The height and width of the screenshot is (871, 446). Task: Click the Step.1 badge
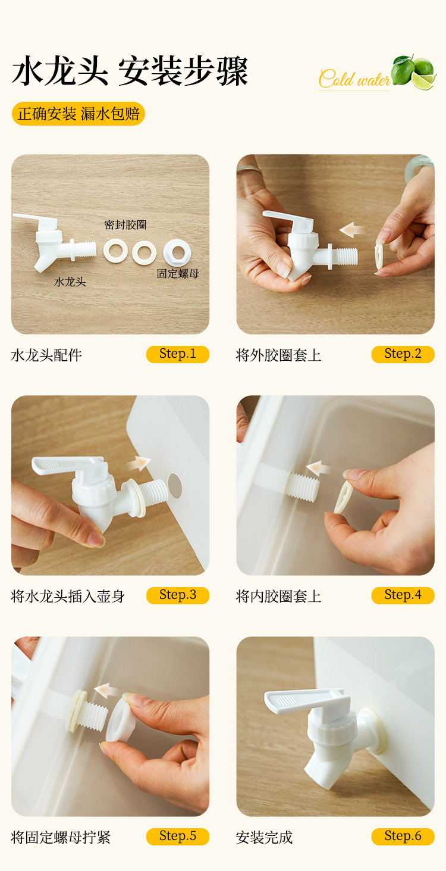point(178,354)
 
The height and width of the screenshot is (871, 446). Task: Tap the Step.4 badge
point(403,595)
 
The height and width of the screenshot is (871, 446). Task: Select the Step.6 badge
point(403,836)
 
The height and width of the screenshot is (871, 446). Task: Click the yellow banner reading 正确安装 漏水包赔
point(78,114)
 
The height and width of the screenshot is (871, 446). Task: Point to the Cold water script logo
point(354,79)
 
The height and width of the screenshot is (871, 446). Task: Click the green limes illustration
point(414,72)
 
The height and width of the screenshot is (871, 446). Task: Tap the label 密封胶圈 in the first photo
point(125,225)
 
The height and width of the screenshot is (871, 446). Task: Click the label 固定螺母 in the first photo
point(178,274)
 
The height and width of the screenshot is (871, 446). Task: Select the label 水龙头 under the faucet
point(70,282)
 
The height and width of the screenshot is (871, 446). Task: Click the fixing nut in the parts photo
point(177,253)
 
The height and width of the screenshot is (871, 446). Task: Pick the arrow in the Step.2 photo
point(352,229)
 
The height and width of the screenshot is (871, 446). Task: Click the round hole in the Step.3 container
point(175,486)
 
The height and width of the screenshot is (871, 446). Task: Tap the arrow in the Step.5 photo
point(107,691)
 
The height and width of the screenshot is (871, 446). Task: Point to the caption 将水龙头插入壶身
point(68,596)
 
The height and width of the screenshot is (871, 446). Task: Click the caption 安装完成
point(264,837)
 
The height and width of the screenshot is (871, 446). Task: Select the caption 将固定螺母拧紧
point(61,837)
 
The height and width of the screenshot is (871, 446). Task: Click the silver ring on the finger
point(249,169)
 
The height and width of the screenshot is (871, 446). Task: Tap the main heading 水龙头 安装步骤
point(130,71)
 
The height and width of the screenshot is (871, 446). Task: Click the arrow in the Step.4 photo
point(319,468)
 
